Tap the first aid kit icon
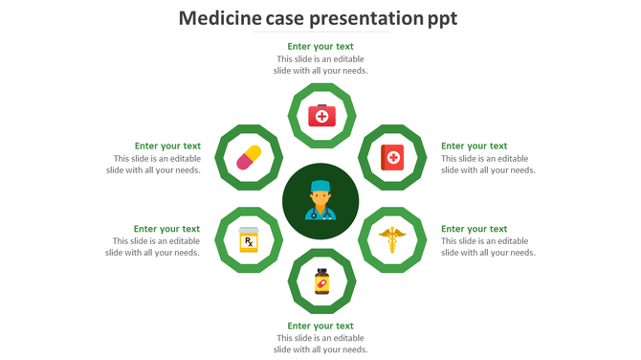(x=321, y=116)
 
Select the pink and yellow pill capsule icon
(x=249, y=157)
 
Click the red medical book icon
(x=391, y=157)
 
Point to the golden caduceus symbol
(x=391, y=239)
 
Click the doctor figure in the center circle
(x=320, y=199)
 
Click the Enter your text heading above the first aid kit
(x=320, y=46)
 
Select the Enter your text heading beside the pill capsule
(x=167, y=146)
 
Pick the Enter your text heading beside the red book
(x=474, y=146)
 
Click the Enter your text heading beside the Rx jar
(x=166, y=229)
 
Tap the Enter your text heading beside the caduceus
(x=474, y=229)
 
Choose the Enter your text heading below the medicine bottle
(x=320, y=326)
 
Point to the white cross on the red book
(x=392, y=156)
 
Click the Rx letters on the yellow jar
(x=249, y=241)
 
